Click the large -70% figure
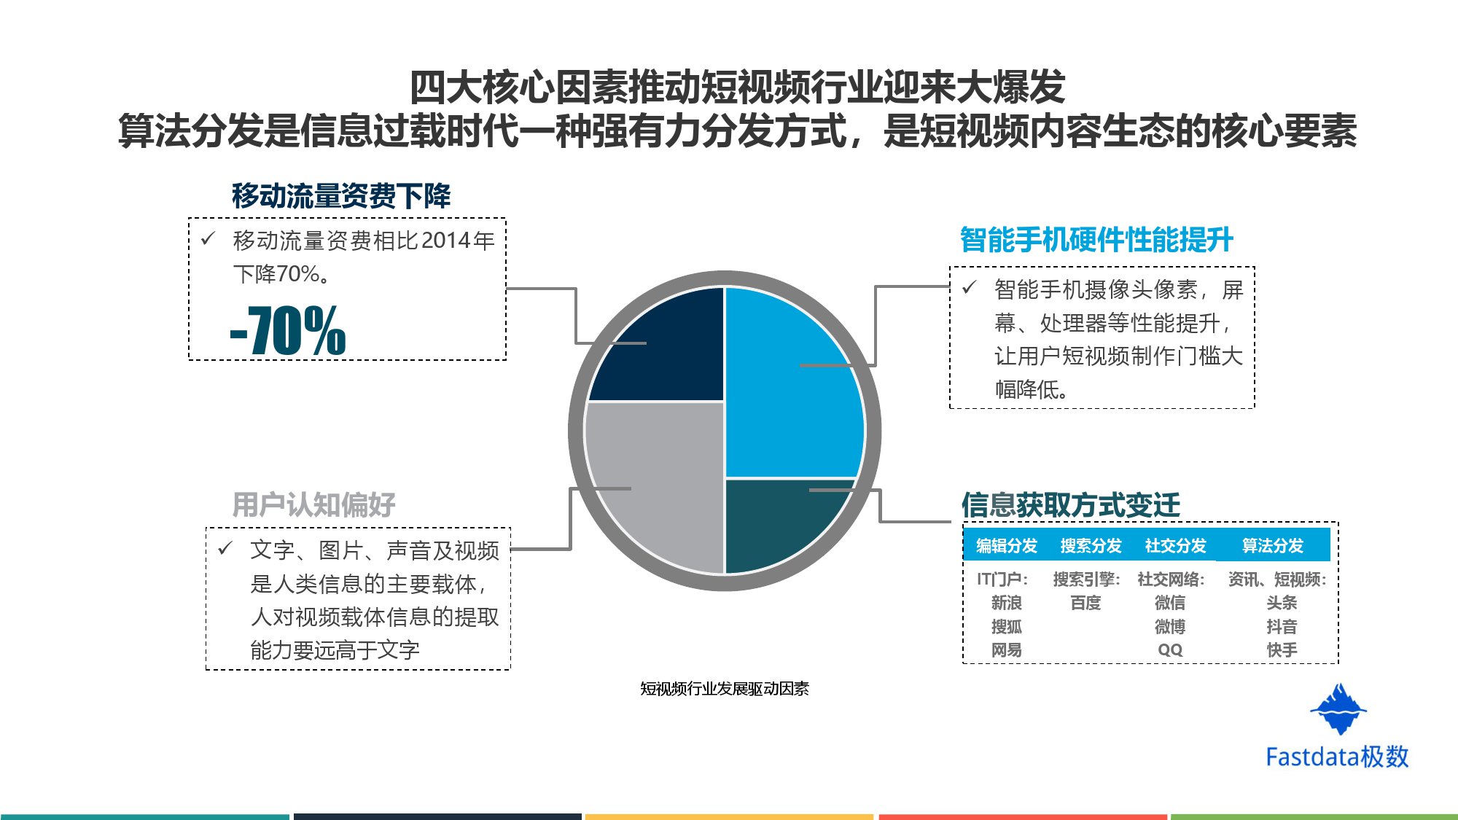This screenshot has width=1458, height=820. (288, 332)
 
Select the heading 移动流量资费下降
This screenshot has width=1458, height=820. (341, 196)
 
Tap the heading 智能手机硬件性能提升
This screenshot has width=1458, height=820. (1096, 240)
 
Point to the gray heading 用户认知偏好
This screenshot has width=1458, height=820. (313, 504)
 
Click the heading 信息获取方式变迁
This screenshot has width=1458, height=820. (1070, 504)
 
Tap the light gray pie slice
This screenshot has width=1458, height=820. (656, 481)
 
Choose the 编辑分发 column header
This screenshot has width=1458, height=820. (1006, 546)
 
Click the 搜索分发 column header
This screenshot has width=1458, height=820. (1091, 546)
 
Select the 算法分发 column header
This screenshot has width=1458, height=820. (1272, 546)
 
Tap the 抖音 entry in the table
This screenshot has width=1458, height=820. (1282, 627)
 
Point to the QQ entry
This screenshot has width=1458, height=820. (1170, 650)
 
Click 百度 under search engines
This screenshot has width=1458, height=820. (1085, 604)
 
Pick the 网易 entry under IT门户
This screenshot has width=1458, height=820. (1006, 650)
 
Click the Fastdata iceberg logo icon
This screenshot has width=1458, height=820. (1338, 709)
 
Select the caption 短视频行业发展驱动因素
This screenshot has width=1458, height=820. (725, 689)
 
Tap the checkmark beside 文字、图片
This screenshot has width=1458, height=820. (225, 548)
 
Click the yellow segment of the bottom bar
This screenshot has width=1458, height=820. (729, 816)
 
